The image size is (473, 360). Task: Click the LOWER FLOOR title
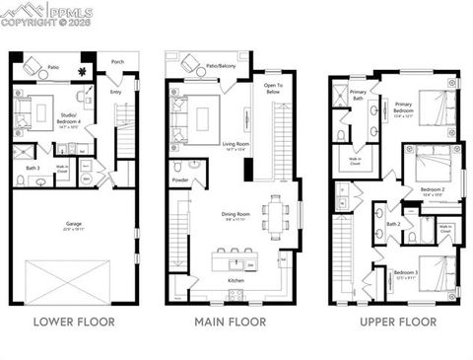(x=74, y=322)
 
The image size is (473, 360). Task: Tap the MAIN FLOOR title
(x=232, y=322)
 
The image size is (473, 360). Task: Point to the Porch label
(x=117, y=60)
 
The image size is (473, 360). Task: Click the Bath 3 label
(x=32, y=169)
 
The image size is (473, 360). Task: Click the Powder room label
(x=180, y=180)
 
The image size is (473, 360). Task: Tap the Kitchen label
(x=236, y=281)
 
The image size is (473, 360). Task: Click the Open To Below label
(x=274, y=90)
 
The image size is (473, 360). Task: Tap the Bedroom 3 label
(x=406, y=273)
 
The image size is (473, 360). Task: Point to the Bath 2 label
(x=393, y=224)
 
